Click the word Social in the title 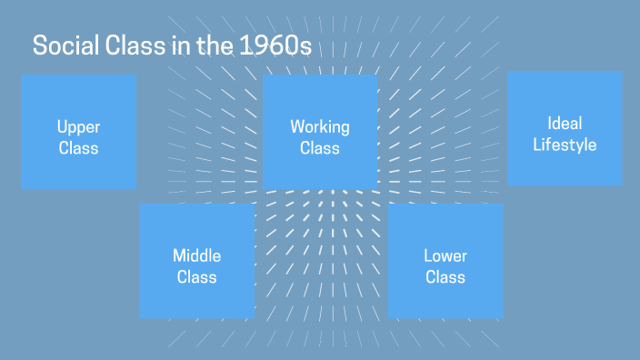click(x=63, y=46)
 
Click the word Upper click(x=78, y=127)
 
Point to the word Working click(x=320, y=127)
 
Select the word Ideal click(x=565, y=123)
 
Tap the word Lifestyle click(x=565, y=145)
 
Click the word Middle click(x=197, y=255)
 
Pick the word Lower click(x=445, y=255)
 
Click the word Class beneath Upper click(x=78, y=148)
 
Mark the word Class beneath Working click(x=320, y=148)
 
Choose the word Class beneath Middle click(x=197, y=276)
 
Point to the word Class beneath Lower click(x=445, y=276)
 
